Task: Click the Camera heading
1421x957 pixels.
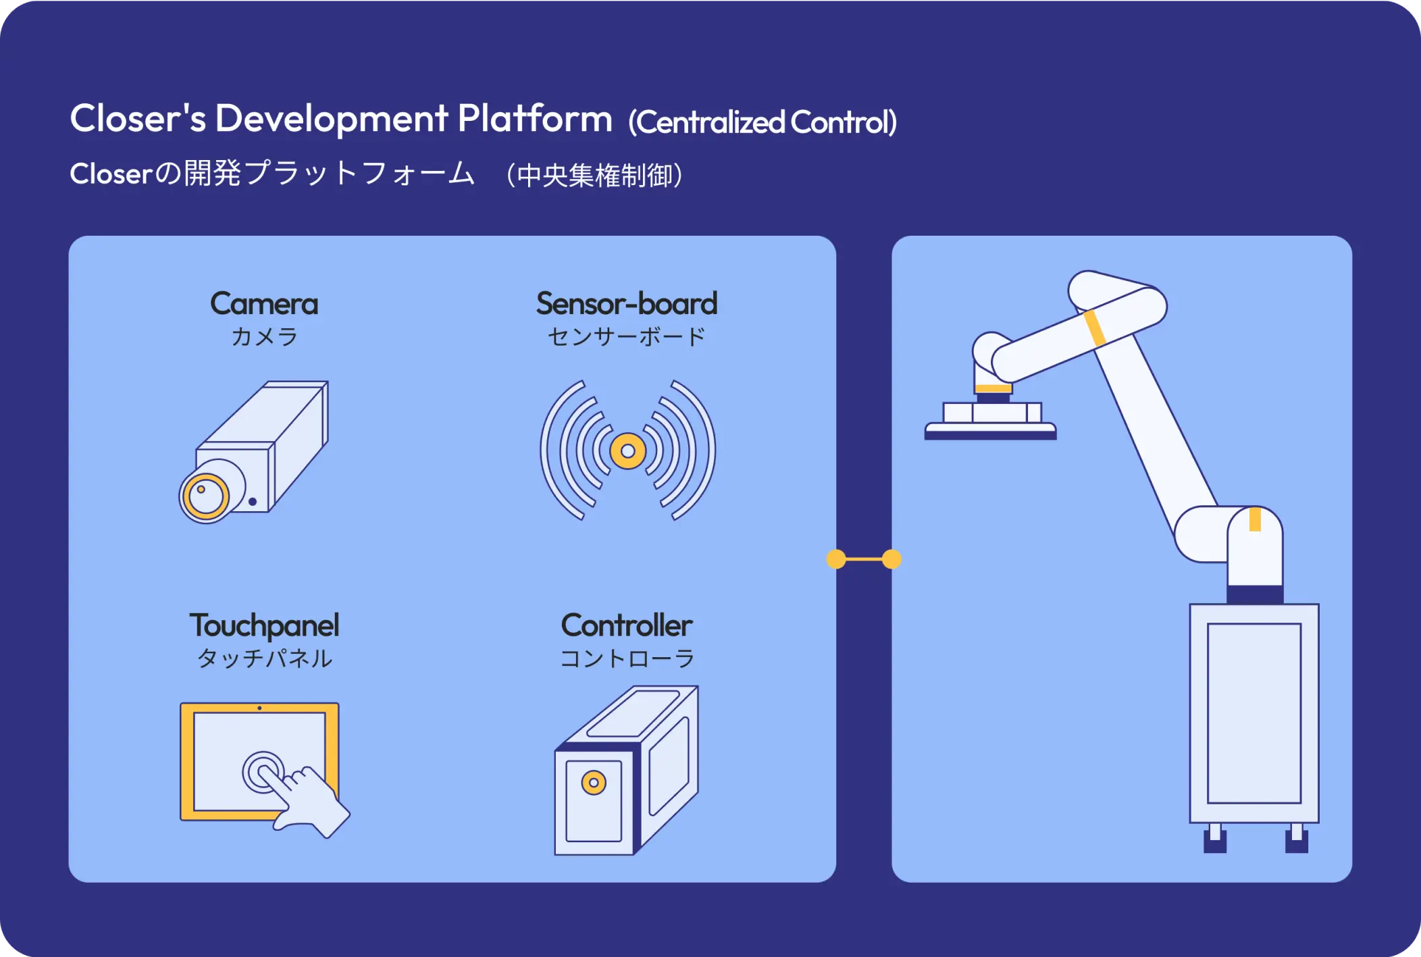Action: coord(264,304)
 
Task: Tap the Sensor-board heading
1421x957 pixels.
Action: coord(626,304)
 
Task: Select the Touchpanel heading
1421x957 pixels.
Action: coord(264,625)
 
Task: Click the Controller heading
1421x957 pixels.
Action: coord(626,625)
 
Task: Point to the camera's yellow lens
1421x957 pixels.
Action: coord(206,497)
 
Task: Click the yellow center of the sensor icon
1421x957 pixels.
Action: coord(627,450)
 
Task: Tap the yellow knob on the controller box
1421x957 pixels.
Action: coord(594,783)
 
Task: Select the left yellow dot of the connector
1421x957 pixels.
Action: coord(836,559)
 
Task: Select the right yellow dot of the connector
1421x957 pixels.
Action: coord(892,559)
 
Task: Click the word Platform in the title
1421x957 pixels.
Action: coord(535,119)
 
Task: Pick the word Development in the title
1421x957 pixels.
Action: coord(331,119)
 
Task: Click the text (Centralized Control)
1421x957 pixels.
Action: coord(763,122)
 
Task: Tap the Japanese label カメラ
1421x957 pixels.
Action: coord(264,336)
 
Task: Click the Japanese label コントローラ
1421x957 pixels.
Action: coord(627,658)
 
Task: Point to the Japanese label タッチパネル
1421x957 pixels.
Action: coord(264,658)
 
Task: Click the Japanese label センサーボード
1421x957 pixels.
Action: coord(626,336)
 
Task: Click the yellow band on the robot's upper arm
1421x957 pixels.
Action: coord(1094,328)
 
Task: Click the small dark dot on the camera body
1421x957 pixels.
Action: coord(253,502)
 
